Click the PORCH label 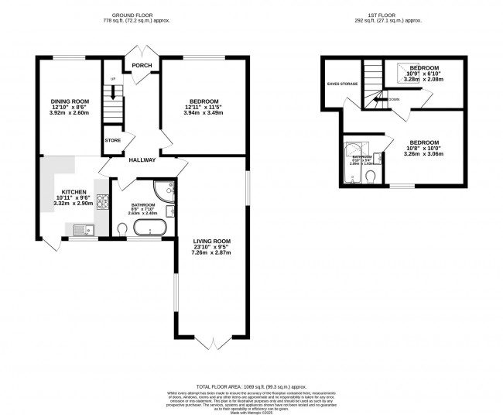click(x=142, y=66)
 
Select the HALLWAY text click(x=142, y=160)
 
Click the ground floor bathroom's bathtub click(x=148, y=228)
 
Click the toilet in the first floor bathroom click(x=371, y=177)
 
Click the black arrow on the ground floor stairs click(x=113, y=91)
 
